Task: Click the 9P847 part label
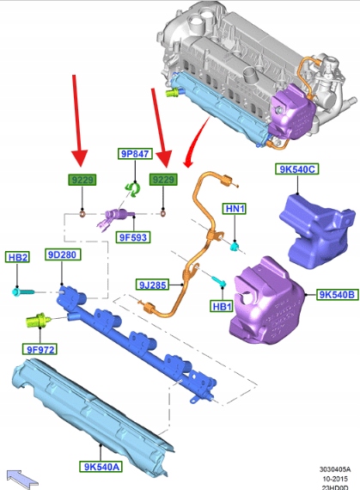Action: click(x=135, y=154)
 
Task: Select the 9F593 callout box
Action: click(x=133, y=237)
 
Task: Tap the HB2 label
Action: click(x=18, y=257)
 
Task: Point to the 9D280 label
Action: click(x=63, y=254)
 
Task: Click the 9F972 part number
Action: click(x=40, y=349)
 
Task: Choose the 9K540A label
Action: click(x=101, y=467)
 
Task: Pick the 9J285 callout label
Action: click(x=153, y=285)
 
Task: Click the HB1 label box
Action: click(x=222, y=306)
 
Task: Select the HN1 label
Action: click(x=235, y=209)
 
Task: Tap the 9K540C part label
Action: click(x=297, y=169)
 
